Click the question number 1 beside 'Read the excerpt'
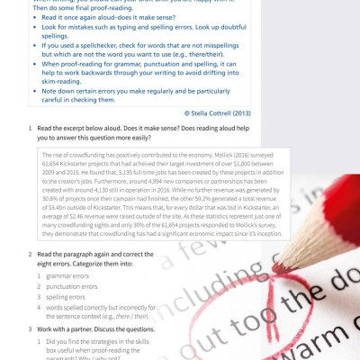click(x=30, y=130)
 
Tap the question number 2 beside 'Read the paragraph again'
click(x=30, y=255)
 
